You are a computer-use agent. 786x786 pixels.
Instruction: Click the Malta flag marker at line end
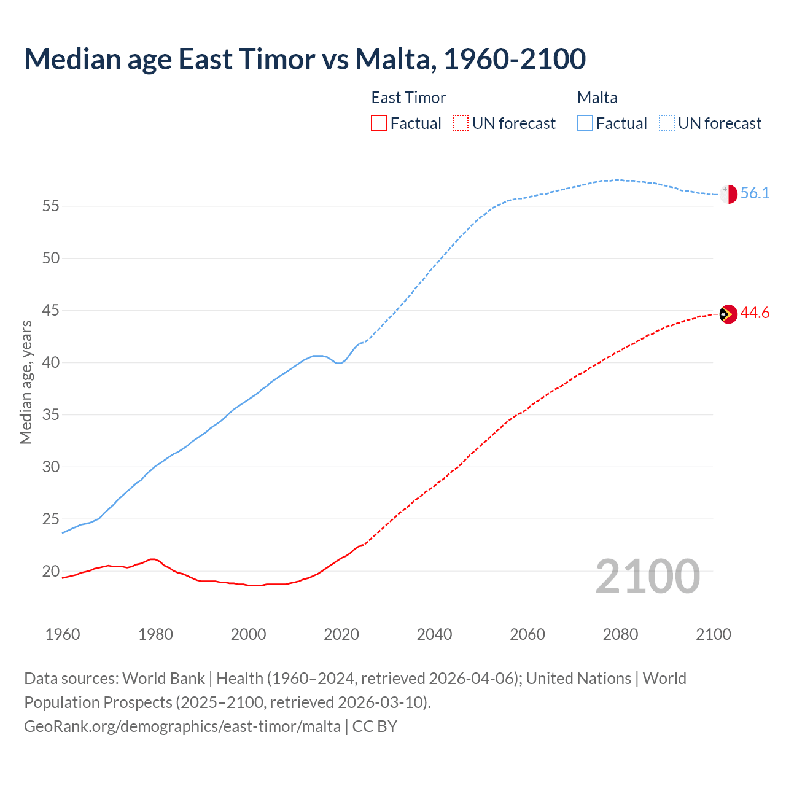(728, 193)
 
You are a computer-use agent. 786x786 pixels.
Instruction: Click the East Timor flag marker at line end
(728, 314)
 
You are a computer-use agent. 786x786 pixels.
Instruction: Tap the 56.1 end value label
(755, 193)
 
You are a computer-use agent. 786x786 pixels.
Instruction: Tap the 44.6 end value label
(755, 313)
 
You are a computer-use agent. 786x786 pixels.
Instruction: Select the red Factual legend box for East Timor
(379, 123)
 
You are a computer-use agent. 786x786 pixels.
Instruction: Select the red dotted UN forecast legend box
(461, 123)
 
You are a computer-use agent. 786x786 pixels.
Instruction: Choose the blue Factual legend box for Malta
(585, 123)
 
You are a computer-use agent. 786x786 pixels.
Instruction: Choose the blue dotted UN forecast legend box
(667, 123)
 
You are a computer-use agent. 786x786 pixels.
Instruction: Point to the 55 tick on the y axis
(51, 206)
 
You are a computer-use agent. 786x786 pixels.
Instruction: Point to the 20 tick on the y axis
(51, 572)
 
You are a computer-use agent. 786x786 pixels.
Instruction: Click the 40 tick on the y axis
(51, 363)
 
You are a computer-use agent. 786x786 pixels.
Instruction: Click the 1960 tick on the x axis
(63, 634)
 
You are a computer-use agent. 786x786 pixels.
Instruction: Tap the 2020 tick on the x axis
(341, 634)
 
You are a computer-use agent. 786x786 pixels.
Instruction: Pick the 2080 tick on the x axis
(620, 634)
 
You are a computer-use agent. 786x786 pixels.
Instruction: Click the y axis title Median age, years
(26, 382)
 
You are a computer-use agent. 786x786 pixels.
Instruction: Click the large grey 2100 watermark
(648, 577)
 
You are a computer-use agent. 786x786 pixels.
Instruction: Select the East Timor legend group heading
(408, 98)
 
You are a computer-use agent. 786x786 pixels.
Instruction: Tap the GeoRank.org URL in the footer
(182, 726)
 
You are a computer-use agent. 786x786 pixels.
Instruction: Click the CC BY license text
(375, 726)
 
